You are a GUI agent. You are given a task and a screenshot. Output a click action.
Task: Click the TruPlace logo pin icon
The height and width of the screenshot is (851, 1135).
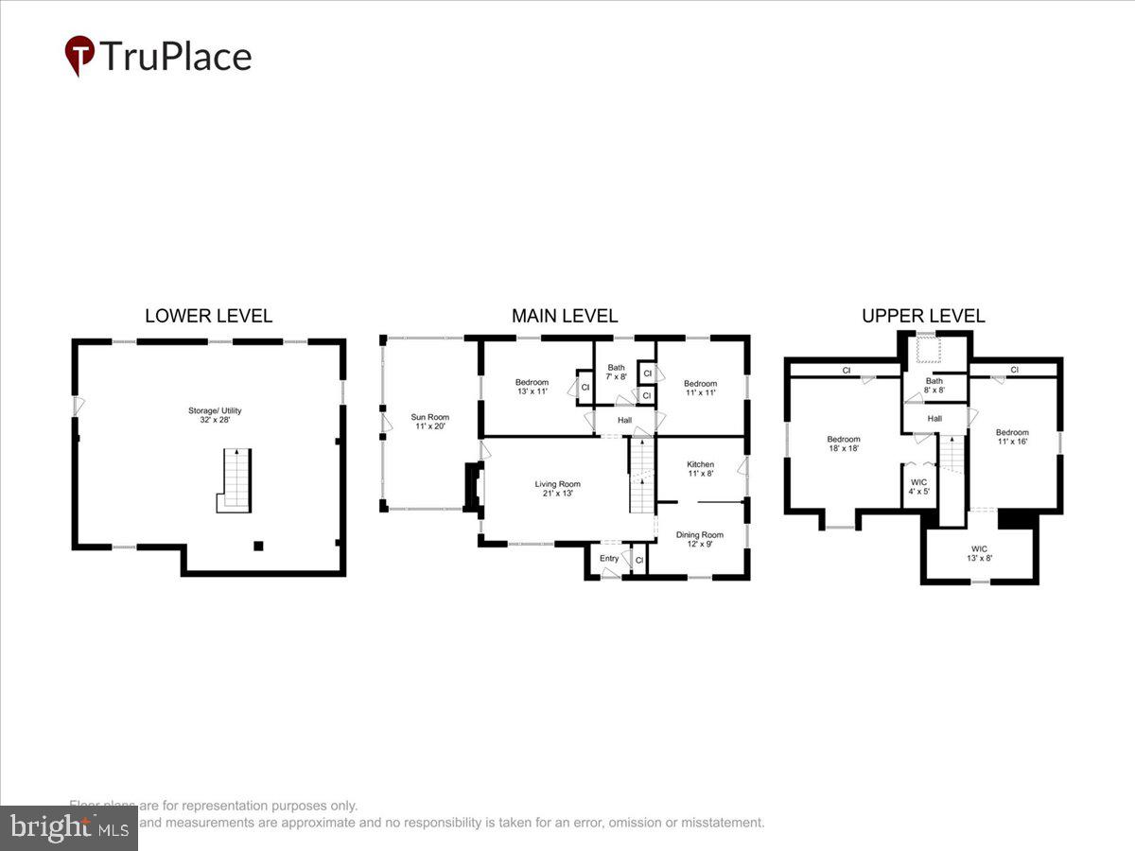pyautogui.click(x=79, y=56)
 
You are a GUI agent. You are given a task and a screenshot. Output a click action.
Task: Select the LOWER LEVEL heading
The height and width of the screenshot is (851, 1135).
pyautogui.click(x=208, y=316)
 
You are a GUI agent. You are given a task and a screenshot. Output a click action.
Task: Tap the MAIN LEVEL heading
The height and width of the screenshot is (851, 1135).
pyautogui.click(x=565, y=316)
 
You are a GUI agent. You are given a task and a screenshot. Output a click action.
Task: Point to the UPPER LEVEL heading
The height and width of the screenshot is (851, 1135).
pyautogui.click(x=923, y=316)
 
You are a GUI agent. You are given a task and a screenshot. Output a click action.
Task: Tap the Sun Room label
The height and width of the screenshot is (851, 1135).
pyautogui.click(x=429, y=422)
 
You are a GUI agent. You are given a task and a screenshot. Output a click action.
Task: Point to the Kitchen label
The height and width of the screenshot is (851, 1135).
pyautogui.click(x=700, y=469)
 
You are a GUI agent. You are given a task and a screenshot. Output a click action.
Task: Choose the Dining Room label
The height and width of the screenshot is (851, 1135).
pyautogui.click(x=699, y=539)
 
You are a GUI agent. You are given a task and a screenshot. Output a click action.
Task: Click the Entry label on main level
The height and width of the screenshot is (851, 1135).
pyautogui.click(x=609, y=559)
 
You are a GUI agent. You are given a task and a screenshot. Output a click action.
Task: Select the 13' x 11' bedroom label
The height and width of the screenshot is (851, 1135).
pyautogui.click(x=532, y=387)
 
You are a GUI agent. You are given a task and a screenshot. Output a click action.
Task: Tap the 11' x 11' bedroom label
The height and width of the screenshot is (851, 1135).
pyautogui.click(x=700, y=388)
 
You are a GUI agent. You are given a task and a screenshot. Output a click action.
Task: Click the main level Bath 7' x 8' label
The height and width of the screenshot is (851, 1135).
pyautogui.click(x=617, y=372)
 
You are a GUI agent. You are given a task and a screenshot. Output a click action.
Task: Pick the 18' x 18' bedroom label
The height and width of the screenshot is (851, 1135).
pyautogui.click(x=844, y=443)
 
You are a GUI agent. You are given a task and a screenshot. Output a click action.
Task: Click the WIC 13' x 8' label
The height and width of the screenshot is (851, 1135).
pyautogui.click(x=979, y=553)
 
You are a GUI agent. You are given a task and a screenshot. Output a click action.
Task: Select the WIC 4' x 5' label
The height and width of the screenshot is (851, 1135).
pyautogui.click(x=918, y=486)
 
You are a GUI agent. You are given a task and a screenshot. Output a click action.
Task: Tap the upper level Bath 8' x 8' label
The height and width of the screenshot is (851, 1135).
pyautogui.click(x=934, y=385)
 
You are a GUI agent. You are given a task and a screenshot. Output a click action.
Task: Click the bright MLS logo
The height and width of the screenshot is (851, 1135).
pyautogui.click(x=68, y=828)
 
